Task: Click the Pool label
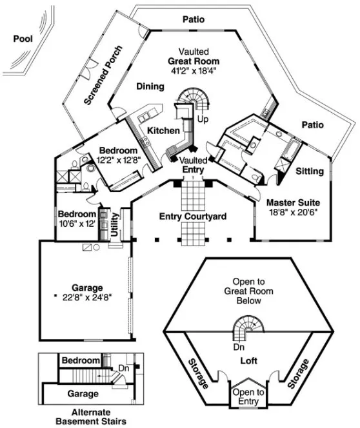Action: click(23, 39)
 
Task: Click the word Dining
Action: click(149, 86)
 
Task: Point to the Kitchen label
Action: click(163, 131)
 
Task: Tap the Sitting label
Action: click(310, 172)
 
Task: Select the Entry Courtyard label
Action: click(193, 217)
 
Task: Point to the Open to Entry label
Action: click(248, 396)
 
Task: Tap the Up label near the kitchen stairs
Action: click(202, 120)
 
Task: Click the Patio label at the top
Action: click(193, 20)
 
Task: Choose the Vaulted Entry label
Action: click(193, 165)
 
